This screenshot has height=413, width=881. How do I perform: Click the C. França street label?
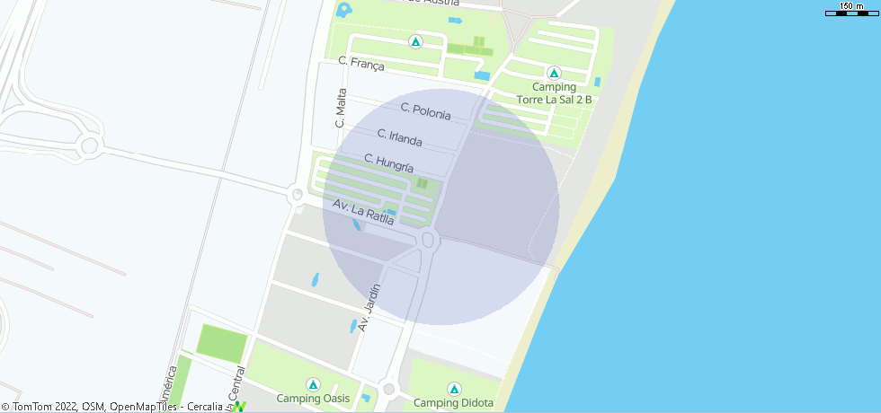coord(361,64)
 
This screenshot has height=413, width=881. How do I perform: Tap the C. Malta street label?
coord(342,108)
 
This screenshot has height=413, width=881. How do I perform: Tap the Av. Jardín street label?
coord(369,308)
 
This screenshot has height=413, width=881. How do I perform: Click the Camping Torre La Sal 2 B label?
coord(554,93)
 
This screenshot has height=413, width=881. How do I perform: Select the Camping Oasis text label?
coord(312,399)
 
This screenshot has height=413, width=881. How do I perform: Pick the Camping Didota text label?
coord(454,402)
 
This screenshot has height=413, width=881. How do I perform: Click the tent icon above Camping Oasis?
coord(312,383)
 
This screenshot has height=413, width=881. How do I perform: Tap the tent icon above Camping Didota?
coord(454,389)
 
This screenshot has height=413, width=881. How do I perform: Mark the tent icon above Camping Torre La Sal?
coord(554,73)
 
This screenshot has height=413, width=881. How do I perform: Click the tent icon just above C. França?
coord(415,41)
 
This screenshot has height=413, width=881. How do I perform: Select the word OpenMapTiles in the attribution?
coord(142,407)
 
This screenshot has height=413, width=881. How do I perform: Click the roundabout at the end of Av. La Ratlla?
coord(428,240)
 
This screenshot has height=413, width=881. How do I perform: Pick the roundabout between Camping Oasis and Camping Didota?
coord(388,390)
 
